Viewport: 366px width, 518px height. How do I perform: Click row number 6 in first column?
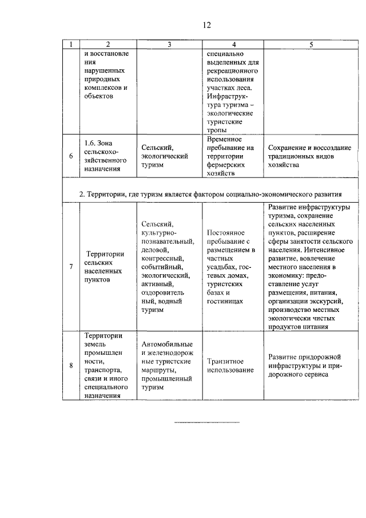pyautogui.click(x=71, y=156)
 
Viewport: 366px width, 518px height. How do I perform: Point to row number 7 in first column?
pyautogui.click(x=71, y=266)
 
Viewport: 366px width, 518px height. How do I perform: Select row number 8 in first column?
pyautogui.click(x=71, y=365)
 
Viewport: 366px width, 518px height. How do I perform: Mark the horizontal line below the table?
pyautogui.click(x=206, y=423)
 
